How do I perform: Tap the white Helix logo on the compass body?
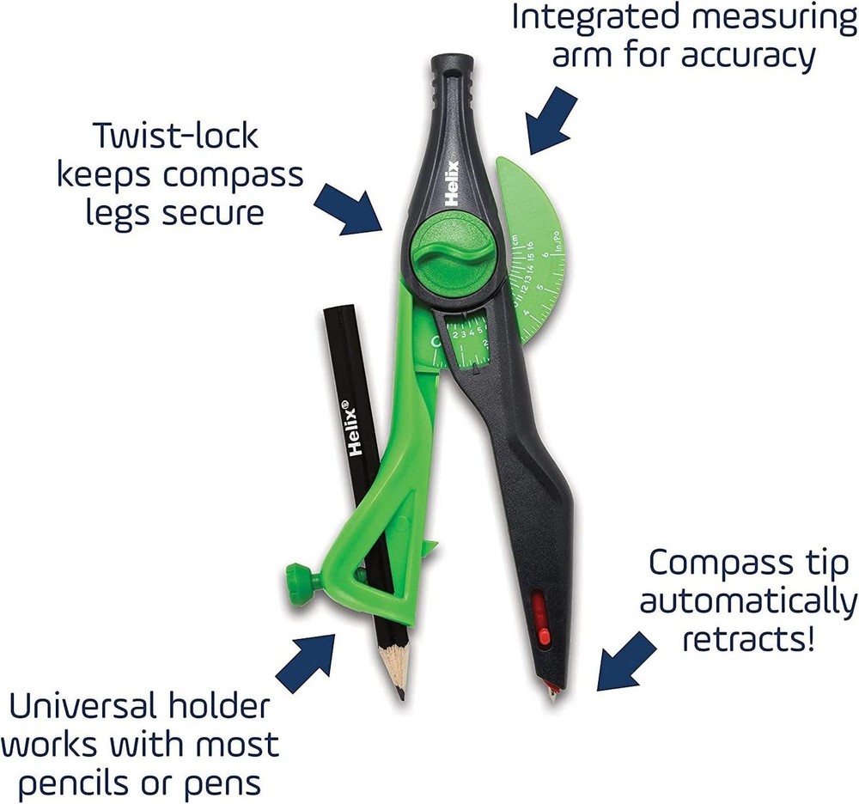457,180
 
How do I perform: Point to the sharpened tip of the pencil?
399,688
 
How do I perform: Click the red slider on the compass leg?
539,618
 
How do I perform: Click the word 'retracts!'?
750,639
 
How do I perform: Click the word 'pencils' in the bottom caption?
84,783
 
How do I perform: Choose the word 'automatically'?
748,600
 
